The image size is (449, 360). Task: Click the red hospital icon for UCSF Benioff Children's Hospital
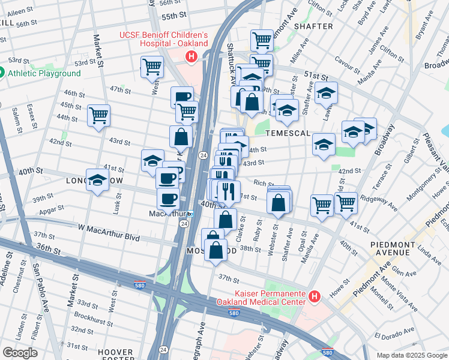(191, 57)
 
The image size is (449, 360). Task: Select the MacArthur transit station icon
(190, 214)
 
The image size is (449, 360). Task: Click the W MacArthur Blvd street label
(109, 238)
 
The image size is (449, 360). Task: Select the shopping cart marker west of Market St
(98, 115)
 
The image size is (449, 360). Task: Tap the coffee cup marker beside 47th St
(182, 96)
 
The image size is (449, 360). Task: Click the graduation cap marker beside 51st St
(326, 93)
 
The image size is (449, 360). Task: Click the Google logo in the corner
(19, 353)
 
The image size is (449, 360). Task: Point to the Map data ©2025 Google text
(412, 355)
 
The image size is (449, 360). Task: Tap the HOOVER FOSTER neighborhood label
(115, 356)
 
